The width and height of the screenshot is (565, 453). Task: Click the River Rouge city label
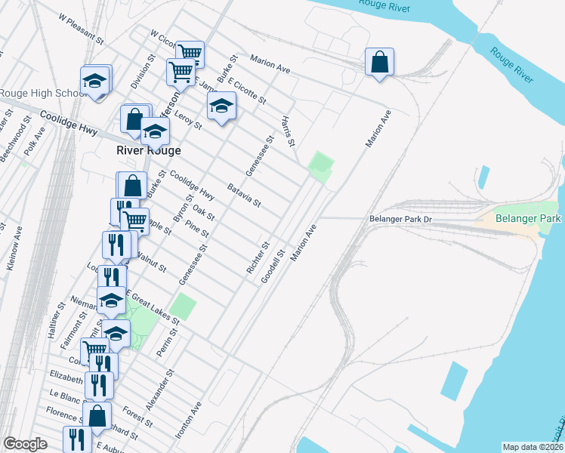[x=149, y=150]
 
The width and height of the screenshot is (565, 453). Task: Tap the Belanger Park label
[x=528, y=219]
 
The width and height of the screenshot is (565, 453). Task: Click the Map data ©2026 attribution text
[x=533, y=447]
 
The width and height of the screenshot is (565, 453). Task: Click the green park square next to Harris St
[x=321, y=162]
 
